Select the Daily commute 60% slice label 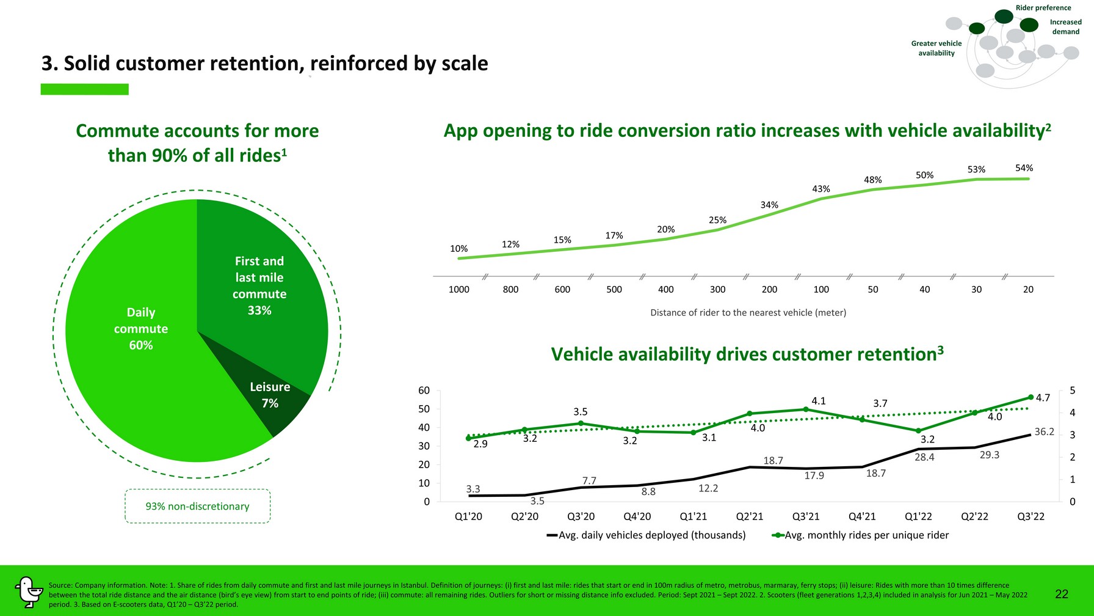coord(141,329)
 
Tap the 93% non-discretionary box coord(197,506)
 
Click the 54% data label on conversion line coord(1024,168)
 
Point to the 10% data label coord(458,249)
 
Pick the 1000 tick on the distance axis coord(458,290)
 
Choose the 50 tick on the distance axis coord(873,290)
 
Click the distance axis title coord(748,313)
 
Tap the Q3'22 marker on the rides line coord(1031,397)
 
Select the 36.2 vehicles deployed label coord(1044,432)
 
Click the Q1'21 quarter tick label coord(693,516)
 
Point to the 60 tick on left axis coord(424,391)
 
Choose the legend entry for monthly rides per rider coord(860,535)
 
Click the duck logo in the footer coord(28,592)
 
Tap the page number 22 coord(1062,594)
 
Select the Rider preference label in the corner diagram coord(1043,8)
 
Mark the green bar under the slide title coord(84,89)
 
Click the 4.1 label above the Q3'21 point coord(818,402)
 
